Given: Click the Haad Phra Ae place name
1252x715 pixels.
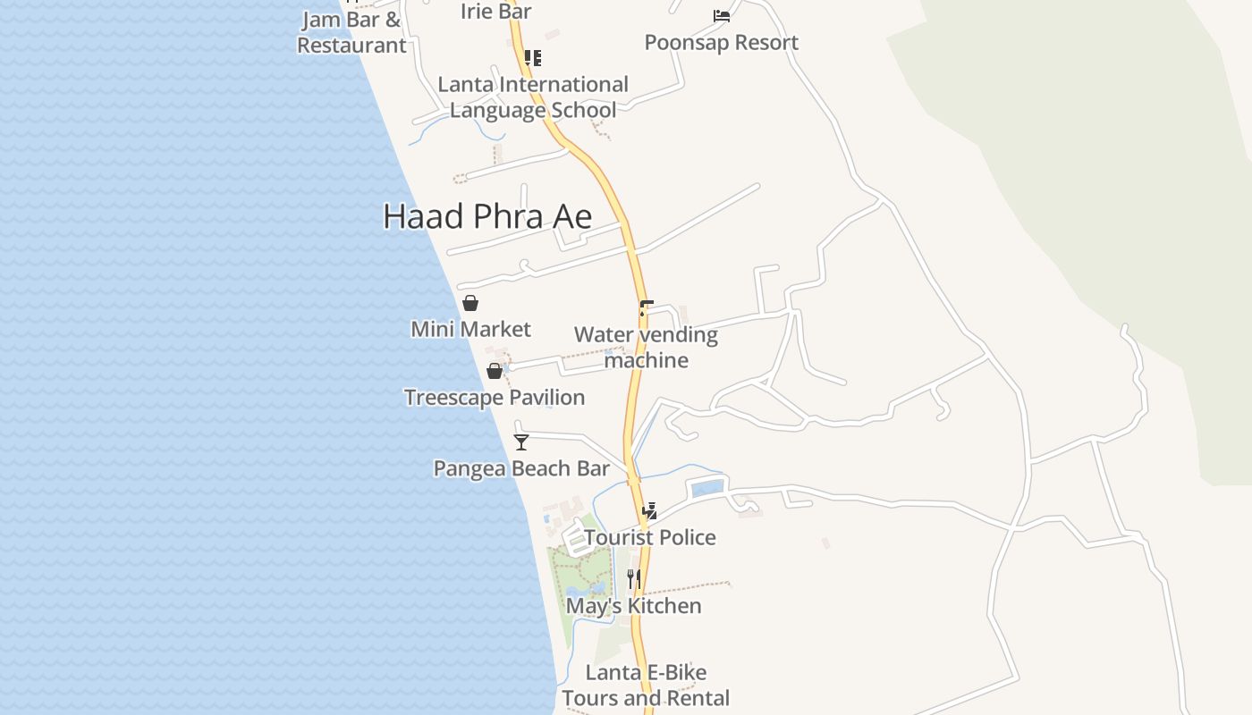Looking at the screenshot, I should click(487, 217).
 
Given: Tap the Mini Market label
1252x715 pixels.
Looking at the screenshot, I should click(470, 329).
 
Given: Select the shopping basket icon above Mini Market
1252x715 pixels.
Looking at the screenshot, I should click(470, 303).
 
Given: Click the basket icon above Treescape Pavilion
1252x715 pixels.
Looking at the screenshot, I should click(495, 371).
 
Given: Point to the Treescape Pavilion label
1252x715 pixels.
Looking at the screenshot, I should click(495, 398).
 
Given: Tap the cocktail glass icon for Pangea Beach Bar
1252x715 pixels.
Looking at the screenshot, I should click(521, 442).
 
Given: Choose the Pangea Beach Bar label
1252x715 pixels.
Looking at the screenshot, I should click(521, 468).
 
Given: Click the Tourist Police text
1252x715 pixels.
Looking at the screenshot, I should click(650, 537).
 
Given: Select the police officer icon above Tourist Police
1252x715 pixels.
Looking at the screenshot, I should click(650, 511).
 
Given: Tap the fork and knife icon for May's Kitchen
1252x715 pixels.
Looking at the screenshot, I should click(633, 579).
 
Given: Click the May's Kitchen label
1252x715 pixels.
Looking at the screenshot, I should click(633, 606).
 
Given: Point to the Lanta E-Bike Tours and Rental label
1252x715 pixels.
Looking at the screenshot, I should click(646, 686).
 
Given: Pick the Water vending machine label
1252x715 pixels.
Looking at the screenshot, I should click(646, 348).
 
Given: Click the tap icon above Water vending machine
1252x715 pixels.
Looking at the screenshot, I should click(646, 308).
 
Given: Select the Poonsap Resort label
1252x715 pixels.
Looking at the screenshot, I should click(721, 43).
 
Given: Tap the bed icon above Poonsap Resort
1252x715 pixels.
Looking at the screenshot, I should click(721, 16).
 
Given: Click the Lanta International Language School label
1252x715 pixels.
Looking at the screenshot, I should click(533, 97).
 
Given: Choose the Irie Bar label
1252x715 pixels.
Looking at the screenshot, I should click(496, 12).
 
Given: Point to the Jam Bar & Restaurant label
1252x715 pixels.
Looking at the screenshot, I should click(351, 33).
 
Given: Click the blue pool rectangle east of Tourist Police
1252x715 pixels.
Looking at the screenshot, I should click(707, 488).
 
